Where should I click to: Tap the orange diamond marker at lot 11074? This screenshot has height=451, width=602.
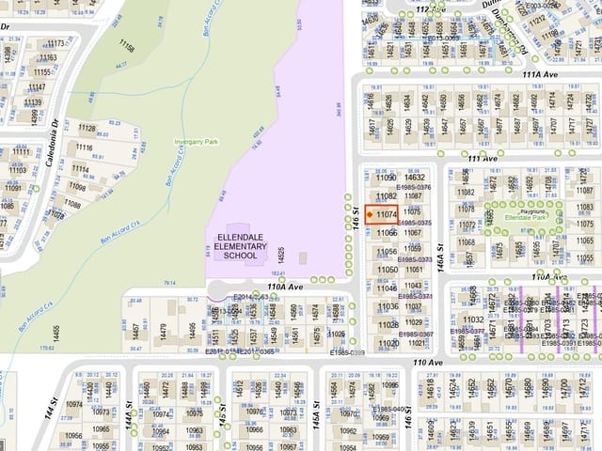point(370,215)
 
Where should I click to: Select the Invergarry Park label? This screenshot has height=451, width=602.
point(196,142)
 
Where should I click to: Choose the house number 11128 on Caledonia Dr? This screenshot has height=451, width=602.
point(87,128)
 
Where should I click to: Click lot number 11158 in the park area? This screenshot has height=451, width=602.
point(126,46)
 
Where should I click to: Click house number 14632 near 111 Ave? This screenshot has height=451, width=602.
point(415,177)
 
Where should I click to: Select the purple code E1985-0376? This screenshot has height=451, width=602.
point(414,187)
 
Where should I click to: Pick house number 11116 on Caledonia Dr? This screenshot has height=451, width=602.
point(84,148)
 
